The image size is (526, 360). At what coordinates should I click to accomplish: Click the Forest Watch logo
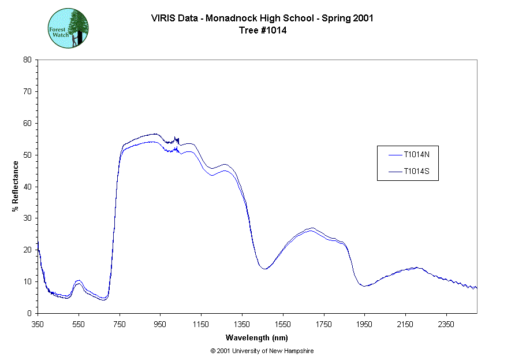[x=68, y=28]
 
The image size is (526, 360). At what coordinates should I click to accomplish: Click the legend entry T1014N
[x=416, y=155]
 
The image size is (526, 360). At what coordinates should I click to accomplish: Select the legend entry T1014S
[x=416, y=172]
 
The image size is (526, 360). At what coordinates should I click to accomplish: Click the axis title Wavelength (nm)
[x=257, y=337]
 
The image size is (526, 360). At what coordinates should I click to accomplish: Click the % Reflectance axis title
[x=15, y=186]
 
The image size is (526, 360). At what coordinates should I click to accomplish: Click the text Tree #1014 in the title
[x=263, y=31]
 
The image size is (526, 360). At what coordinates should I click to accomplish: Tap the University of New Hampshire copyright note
[x=262, y=351]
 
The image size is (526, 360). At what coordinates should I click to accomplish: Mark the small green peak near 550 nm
[x=79, y=281]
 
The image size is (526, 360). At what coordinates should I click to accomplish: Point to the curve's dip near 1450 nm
[x=265, y=269]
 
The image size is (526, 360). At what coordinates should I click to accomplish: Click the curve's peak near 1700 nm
[x=312, y=229]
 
